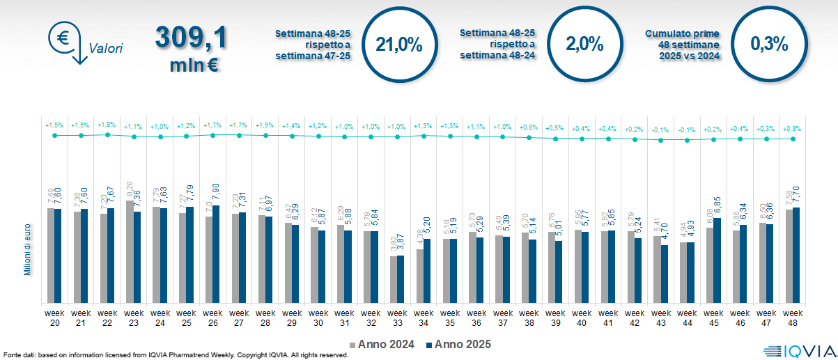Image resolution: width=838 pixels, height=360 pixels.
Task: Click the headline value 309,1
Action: tap(190, 38)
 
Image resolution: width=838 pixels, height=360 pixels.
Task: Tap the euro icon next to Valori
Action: tap(63, 39)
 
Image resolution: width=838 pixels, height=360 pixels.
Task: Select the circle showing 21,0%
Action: tap(399, 44)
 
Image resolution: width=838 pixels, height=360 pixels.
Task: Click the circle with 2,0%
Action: tap(584, 44)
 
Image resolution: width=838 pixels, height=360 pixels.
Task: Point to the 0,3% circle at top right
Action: tap(769, 44)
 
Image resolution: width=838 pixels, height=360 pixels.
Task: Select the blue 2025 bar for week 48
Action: tap(796, 255)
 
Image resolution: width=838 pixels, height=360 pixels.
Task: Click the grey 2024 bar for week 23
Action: tap(130, 251)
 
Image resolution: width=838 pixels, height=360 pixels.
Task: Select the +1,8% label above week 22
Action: tap(107, 125)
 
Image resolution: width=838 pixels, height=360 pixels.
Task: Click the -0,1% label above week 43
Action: tap(660, 130)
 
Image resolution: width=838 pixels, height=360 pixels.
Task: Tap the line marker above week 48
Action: tap(792, 139)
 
